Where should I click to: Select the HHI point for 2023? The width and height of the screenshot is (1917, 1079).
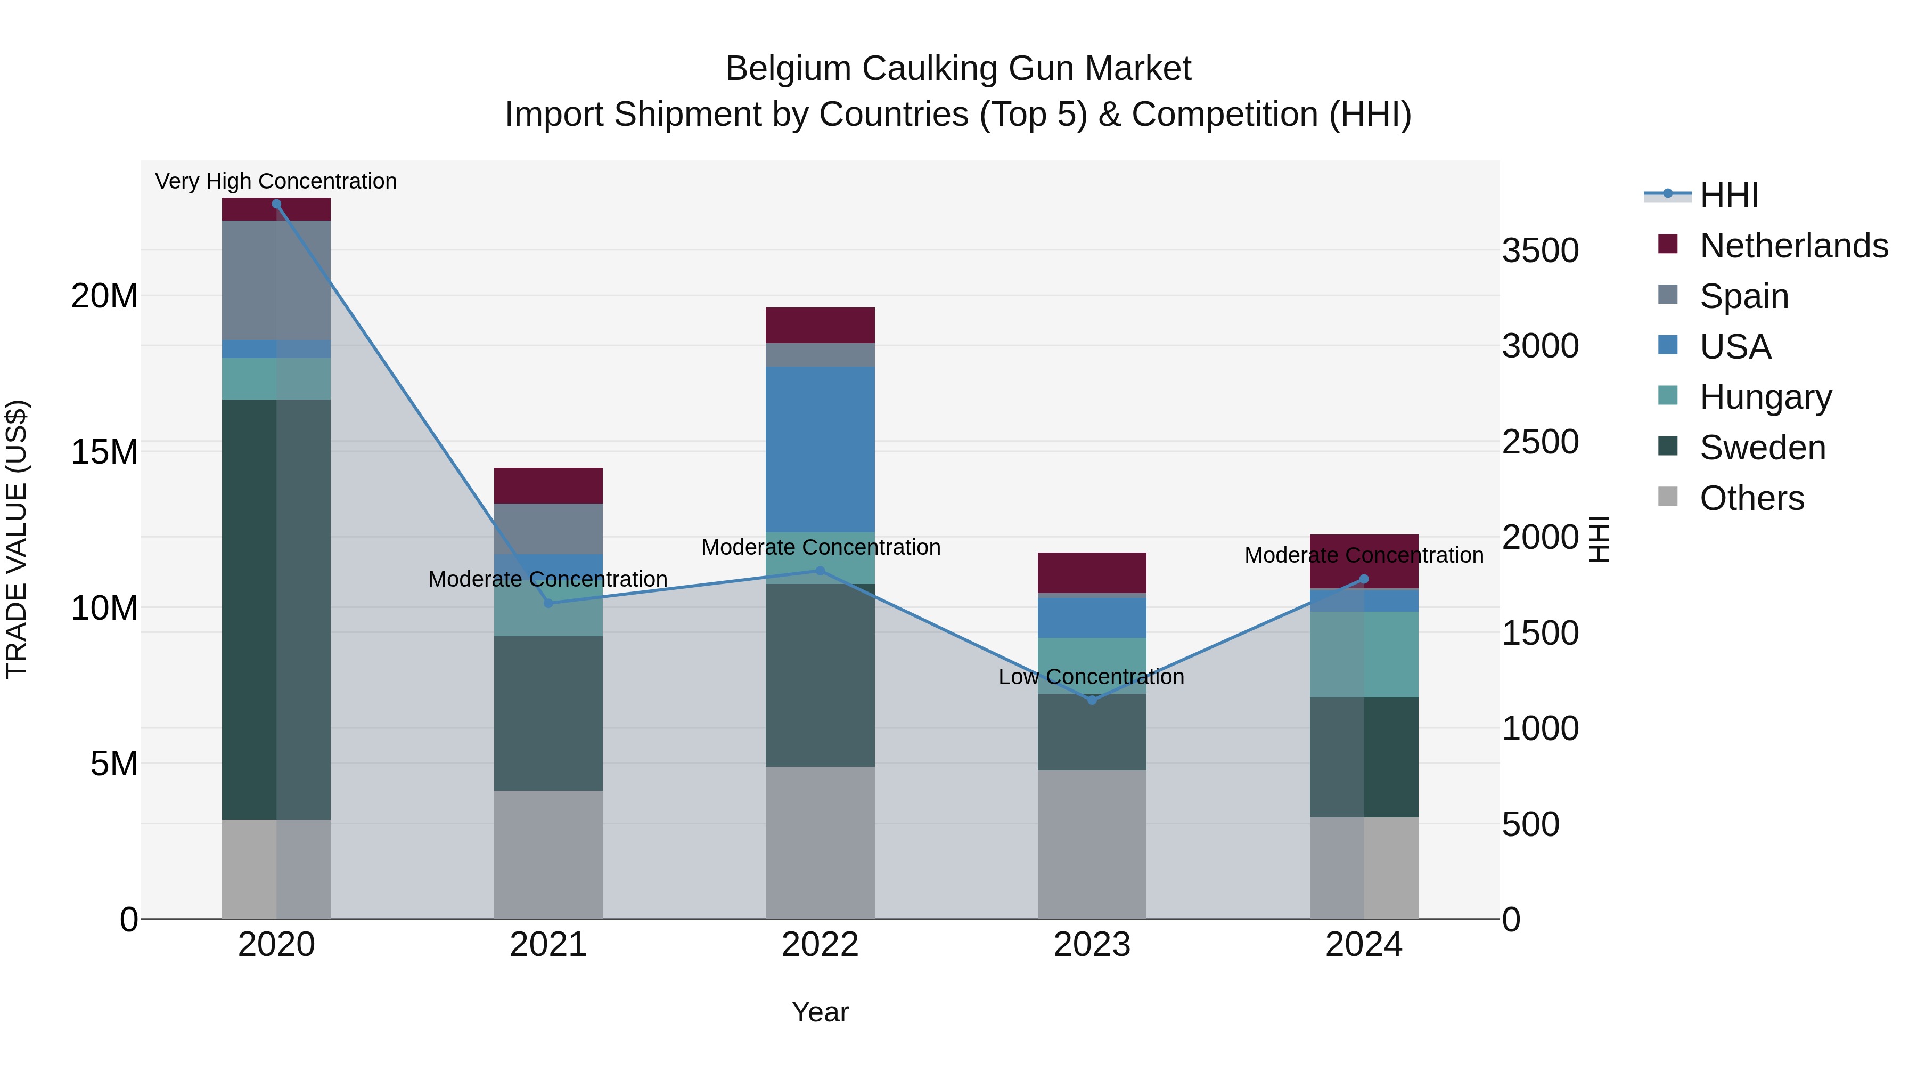point(1092,701)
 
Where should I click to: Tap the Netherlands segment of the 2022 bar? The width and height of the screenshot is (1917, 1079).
point(820,326)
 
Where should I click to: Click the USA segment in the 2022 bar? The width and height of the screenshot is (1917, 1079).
point(820,449)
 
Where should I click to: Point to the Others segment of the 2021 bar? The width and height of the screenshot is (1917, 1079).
point(548,855)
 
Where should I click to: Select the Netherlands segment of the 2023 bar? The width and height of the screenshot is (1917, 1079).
point(1092,573)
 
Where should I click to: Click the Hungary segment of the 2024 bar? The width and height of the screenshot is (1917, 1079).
point(1364,654)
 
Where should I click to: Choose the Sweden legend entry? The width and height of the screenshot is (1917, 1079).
point(1762,448)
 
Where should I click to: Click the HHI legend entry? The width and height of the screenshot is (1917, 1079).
point(1728,195)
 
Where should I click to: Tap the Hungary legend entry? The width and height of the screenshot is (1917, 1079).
point(1765,397)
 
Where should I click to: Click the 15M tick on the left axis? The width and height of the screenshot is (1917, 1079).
point(104,452)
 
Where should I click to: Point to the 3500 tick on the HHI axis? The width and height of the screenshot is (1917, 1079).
point(1539,250)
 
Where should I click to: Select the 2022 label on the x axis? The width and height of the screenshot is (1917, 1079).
point(820,945)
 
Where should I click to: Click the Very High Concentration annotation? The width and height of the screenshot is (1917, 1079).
point(276,181)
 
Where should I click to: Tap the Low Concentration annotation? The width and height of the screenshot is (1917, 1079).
point(1091,677)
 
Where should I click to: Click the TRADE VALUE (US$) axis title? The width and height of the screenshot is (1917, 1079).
point(17,539)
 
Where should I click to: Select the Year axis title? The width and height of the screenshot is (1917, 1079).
point(820,1012)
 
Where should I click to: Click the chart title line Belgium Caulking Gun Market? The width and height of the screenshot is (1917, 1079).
point(958,69)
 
